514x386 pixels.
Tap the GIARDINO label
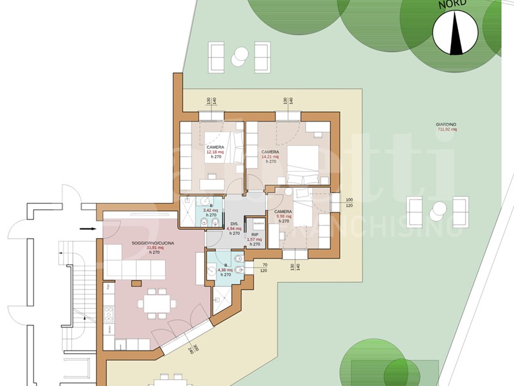pyautogui.click(x=446, y=124)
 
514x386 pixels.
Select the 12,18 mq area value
pyautogui.click(x=215, y=152)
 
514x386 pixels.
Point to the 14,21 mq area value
pyautogui.click(x=270, y=156)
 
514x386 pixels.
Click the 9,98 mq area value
pyautogui.click(x=283, y=217)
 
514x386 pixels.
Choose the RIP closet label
pyautogui.click(x=255, y=235)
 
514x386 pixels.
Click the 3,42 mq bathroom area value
pyautogui.click(x=211, y=210)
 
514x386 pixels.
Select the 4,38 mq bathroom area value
pyautogui.click(x=220, y=270)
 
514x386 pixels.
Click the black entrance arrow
pyautogui.click(x=87, y=228)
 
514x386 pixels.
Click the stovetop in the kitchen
pyautogui.click(x=109, y=315)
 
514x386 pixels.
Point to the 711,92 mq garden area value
pyautogui.click(x=446, y=129)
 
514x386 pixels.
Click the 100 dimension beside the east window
pyautogui.click(x=349, y=200)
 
